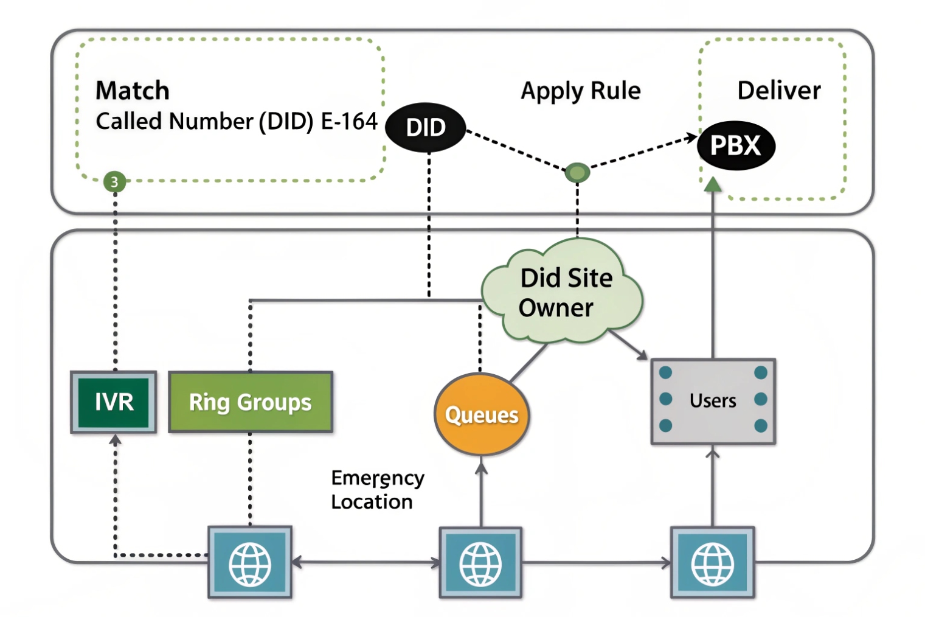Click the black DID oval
pyautogui.click(x=426, y=128)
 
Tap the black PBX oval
pyautogui.click(x=736, y=145)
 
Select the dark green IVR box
pyautogui.click(x=114, y=402)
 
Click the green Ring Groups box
pyautogui.click(x=250, y=402)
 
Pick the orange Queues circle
pyautogui.click(x=481, y=414)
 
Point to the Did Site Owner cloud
pyautogui.click(x=563, y=293)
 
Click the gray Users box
pyautogui.click(x=713, y=401)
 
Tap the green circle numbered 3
pyautogui.click(x=114, y=181)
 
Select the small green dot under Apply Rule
pyautogui.click(x=577, y=173)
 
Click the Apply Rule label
pyautogui.click(x=580, y=91)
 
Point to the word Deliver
pyautogui.click(x=778, y=91)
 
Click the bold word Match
pyautogui.click(x=133, y=91)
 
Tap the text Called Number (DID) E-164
pyautogui.click(x=237, y=121)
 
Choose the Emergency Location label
pyautogui.click(x=377, y=490)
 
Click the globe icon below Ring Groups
pyautogui.click(x=250, y=563)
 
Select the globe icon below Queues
pyautogui.click(x=480, y=563)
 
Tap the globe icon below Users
pyautogui.click(x=713, y=563)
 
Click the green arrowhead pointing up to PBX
pyautogui.click(x=713, y=184)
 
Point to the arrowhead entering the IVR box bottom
pyautogui.click(x=115, y=439)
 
